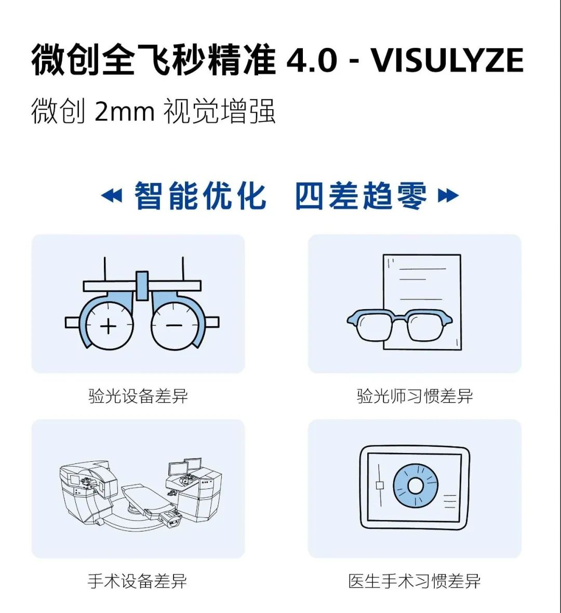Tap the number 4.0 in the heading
pos(312,60)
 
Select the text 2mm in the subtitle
pos(125,111)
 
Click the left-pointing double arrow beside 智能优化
pos(112,196)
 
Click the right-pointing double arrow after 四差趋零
pos(448,196)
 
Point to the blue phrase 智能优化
pos(201,196)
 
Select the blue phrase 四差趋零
pos(361,196)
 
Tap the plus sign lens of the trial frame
pos(109,326)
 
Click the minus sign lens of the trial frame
pos(175,326)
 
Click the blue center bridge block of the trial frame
pos(142,286)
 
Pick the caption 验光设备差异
pos(138,396)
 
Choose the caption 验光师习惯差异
pos(415,396)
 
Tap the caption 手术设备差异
pos(138,581)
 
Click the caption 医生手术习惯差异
pos(415,581)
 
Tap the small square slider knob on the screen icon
pos(380,485)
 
